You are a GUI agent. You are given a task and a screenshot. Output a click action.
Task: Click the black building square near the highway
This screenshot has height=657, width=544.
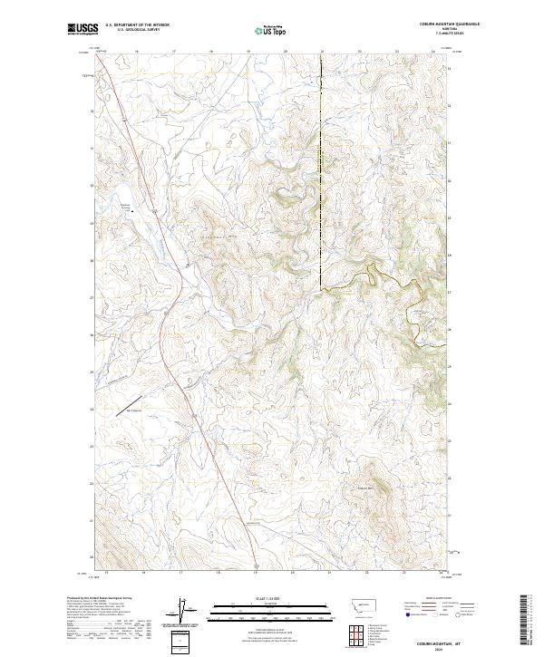point(133,210)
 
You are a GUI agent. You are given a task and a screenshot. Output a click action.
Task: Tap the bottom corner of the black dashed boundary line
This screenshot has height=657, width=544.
point(321,288)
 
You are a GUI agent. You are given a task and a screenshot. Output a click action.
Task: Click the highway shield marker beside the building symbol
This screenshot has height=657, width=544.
point(152,211)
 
